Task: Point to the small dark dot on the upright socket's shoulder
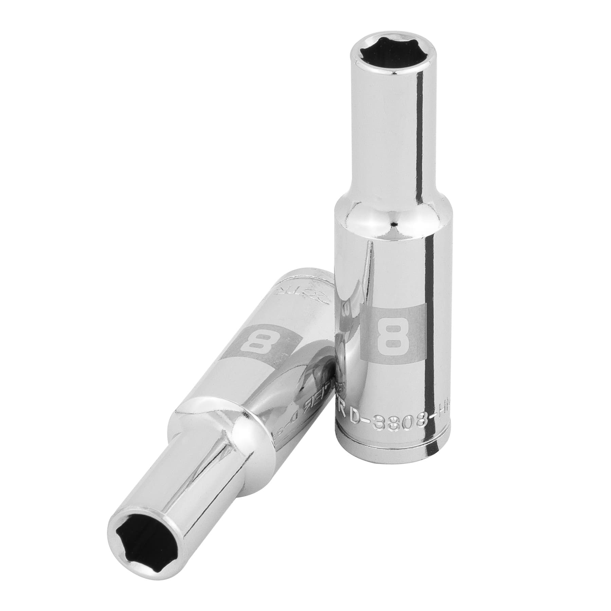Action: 394,224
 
